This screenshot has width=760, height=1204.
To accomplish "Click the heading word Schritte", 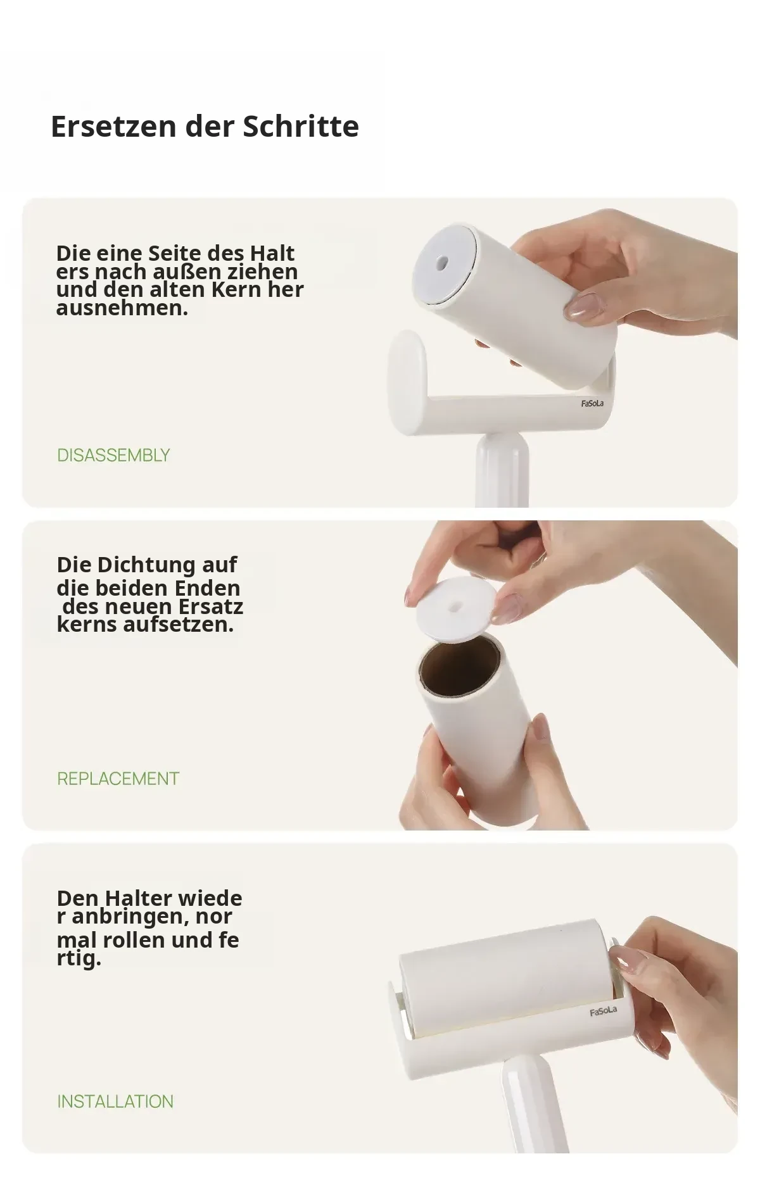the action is click(x=301, y=126).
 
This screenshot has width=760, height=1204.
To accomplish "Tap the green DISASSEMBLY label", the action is click(x=113, y=455).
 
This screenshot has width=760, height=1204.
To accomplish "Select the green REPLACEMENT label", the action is click(x=118, y=779).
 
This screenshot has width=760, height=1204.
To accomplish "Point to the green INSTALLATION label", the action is click(x=115, y=1101).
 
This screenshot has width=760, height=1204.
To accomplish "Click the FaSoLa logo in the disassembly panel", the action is click(x=592, y=403).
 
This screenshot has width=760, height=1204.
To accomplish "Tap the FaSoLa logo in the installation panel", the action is click(x=603, y=1011).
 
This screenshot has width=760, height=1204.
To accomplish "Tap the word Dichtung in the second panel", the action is click(x=146, y=564).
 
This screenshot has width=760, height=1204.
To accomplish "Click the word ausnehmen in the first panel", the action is click(x=122, y=308).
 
